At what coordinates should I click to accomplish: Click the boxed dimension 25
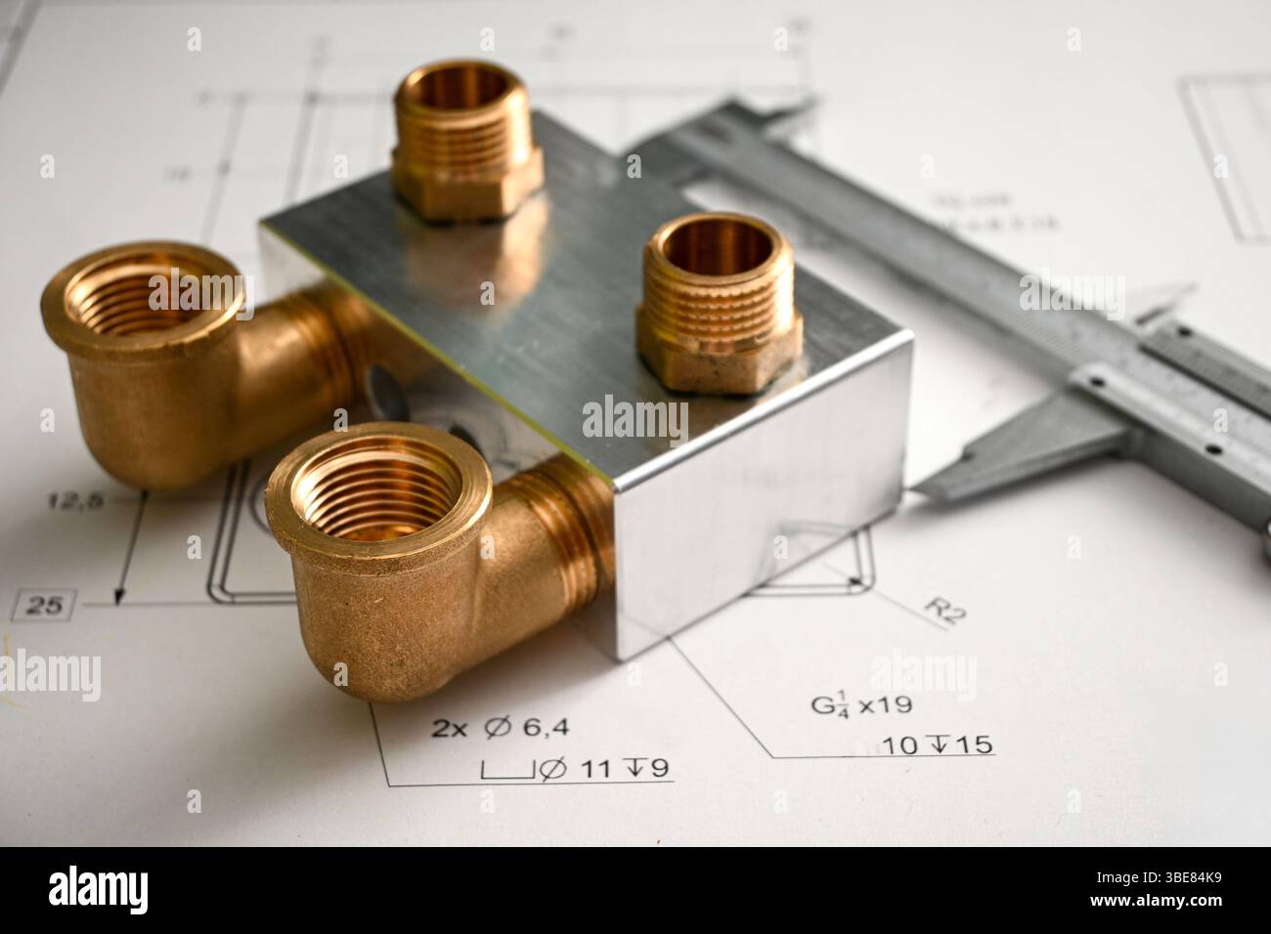click(x=43, y=606)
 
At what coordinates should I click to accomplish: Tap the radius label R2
click(x=943, y=610)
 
